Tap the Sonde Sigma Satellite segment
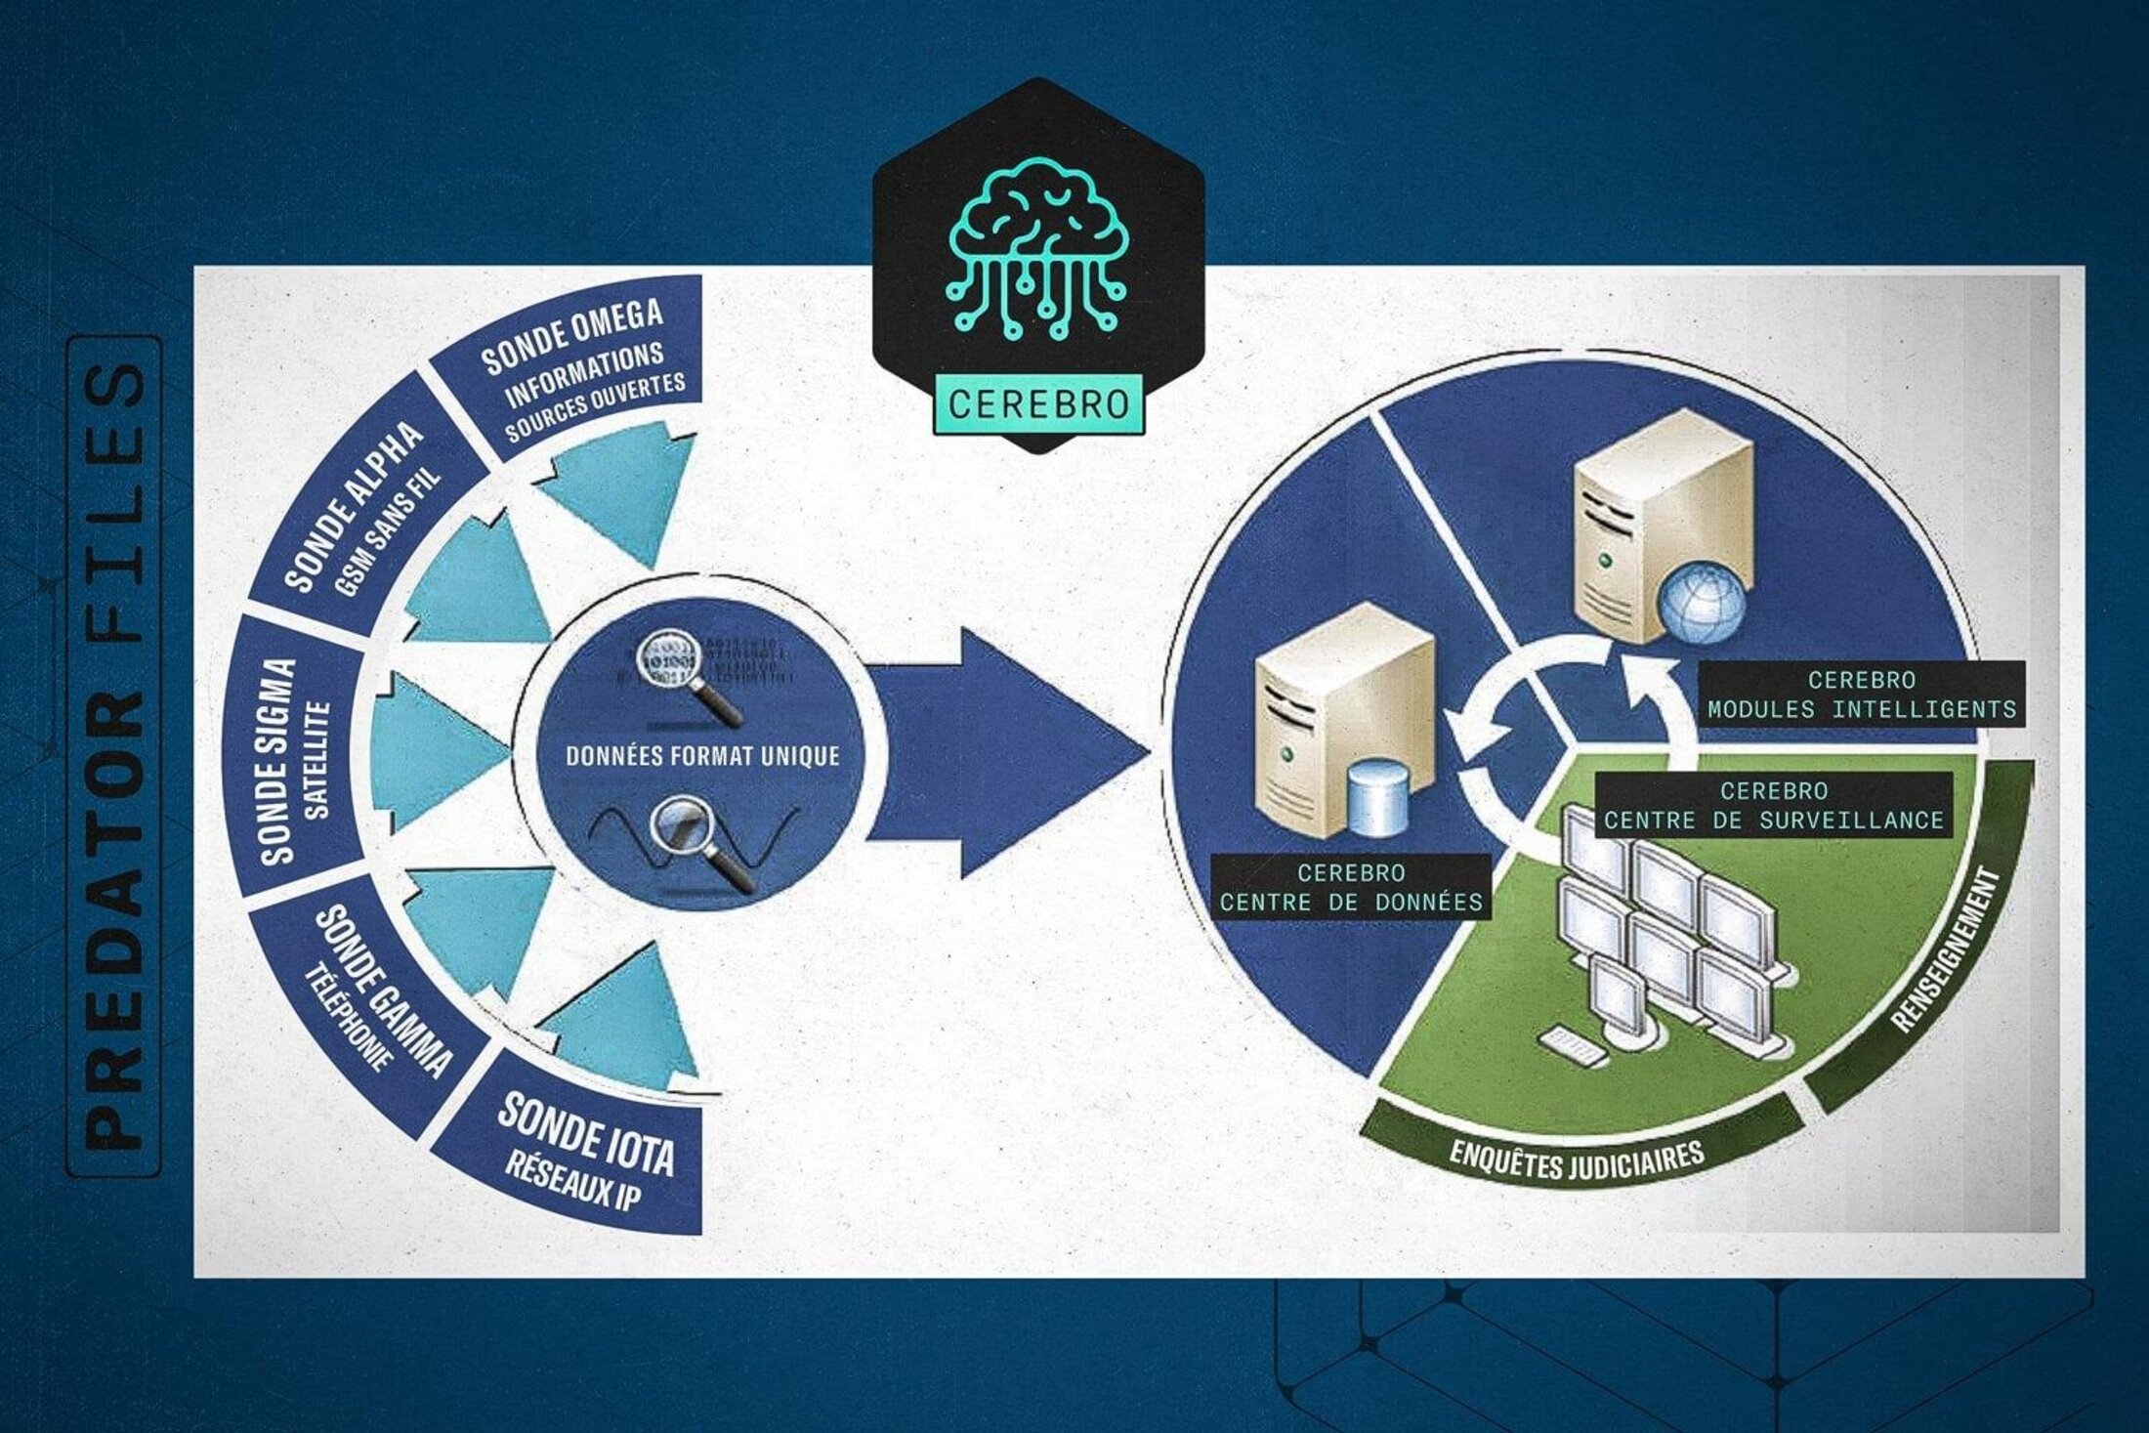[x=293, y=757]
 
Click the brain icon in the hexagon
[x=1037, y=249]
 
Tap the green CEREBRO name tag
[x=1037, y=403]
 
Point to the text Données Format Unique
[x=701, y=756]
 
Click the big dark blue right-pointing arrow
[x=1006, y=752]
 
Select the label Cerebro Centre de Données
[x=1351, y=887]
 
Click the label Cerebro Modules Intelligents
[x=1861, y=695]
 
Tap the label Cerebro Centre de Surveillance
[x=1773, y=805]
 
